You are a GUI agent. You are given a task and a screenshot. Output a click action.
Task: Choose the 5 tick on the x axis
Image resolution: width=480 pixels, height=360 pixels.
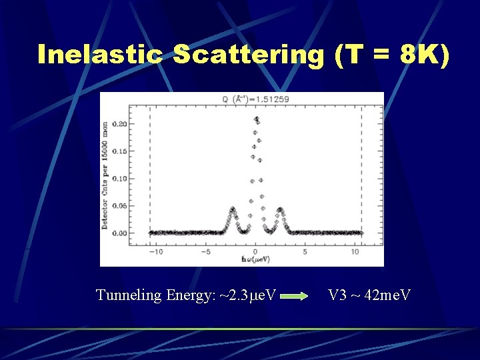[x=305, y=252]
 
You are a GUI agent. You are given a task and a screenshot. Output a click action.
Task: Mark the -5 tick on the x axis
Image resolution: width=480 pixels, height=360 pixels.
[x=206, y=252]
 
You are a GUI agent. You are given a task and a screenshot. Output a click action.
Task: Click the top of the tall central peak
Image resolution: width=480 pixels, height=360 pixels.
[x=257, y=118]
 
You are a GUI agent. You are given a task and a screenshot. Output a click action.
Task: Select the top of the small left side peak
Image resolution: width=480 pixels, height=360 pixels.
[x=232, y=209]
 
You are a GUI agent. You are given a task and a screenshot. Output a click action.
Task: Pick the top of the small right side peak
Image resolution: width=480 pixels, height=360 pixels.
[x=280, y=209]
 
